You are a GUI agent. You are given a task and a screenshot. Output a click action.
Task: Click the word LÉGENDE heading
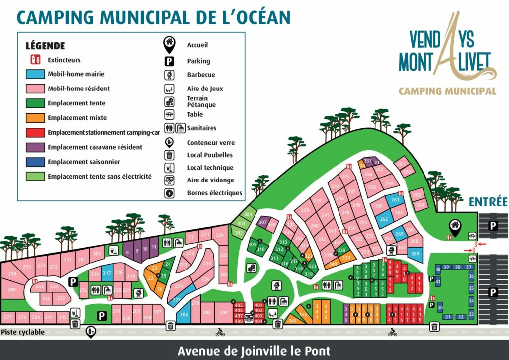click(45, 46)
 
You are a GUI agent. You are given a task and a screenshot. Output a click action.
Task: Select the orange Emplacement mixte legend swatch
click(35, 118)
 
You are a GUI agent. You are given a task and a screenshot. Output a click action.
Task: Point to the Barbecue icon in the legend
click(170, 75)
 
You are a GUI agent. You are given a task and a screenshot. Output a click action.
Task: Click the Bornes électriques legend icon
click(170, 193)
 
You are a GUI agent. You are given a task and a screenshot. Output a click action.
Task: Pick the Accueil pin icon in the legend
click(170, 45)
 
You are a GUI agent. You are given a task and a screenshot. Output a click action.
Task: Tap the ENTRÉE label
click(487, 202)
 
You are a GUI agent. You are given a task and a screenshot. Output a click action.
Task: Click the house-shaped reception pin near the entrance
click(454, 226)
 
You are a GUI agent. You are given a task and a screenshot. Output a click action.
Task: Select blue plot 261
click(395, 200)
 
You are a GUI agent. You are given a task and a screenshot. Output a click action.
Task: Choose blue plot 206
click(184, 315)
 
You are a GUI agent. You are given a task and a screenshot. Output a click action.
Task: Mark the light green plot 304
click(248, 214)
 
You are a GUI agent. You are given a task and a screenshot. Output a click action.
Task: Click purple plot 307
click(262, 222)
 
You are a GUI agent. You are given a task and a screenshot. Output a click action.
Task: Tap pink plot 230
click(12, 274)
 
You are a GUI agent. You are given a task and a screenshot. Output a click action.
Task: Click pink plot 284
click(420, 205)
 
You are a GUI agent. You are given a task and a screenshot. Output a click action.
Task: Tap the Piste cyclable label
click(23, 332)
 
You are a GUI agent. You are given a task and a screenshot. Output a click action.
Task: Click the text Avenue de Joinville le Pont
click(254, 351)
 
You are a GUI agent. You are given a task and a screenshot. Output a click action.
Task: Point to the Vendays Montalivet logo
click(447, 55)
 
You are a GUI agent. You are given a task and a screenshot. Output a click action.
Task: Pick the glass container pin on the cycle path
click(91, 332)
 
